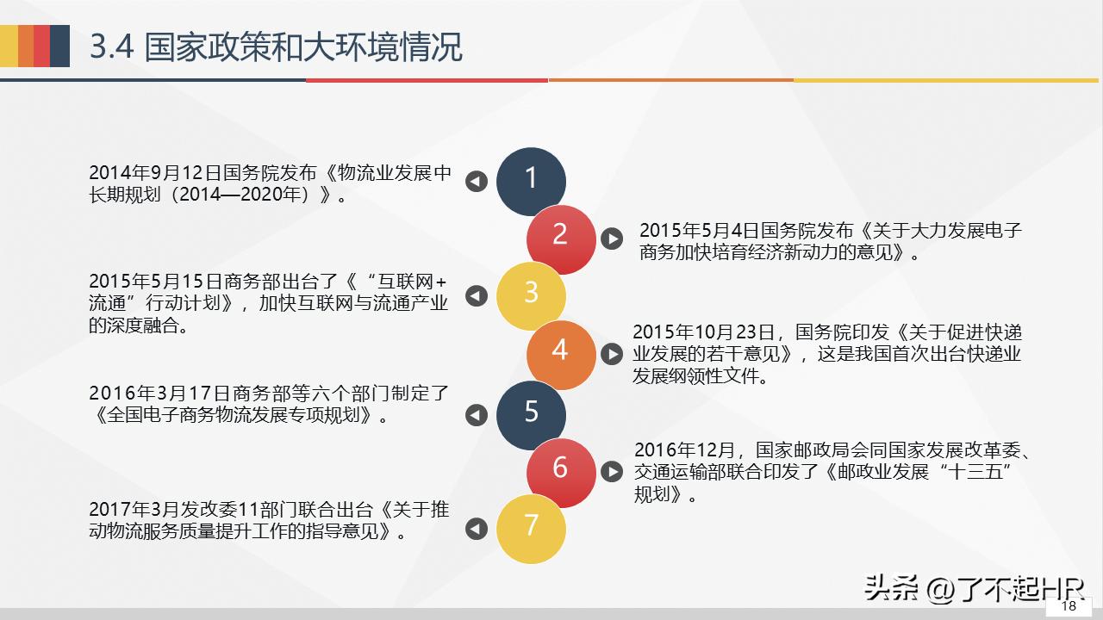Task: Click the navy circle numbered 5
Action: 531,413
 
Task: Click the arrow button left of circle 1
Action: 477,181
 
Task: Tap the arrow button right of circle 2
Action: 612,239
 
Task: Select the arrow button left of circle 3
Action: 477,295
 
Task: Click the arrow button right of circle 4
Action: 612,354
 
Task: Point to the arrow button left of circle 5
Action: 477,415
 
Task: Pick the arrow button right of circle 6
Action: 612,471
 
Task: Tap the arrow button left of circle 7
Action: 477,529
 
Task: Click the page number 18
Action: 1069,605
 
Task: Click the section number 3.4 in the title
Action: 112,47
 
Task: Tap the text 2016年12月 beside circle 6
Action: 685,449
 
